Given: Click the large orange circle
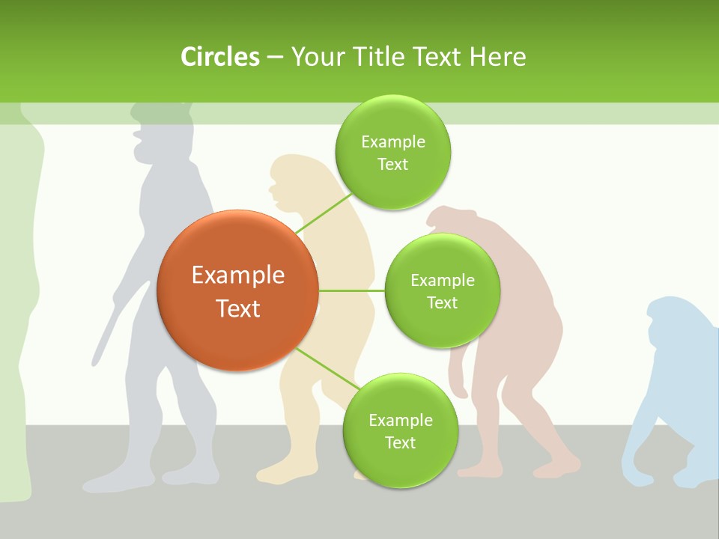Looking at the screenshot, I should tap(238, 290).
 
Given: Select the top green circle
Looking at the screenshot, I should tap(392, 152).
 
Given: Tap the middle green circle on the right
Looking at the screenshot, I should tap(442, 290).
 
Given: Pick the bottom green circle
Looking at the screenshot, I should tap(400, 430).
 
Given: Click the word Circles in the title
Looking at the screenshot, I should tap(220, 57).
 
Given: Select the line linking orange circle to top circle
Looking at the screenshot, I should tap(324, 213).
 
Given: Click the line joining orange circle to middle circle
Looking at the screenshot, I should tap(351, 290).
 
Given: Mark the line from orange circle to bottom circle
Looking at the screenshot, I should tap(327, 368).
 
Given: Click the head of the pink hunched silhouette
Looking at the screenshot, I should tap(452, 220).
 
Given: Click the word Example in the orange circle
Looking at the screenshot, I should tap(238, 275).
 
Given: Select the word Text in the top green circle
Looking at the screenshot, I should tap(392, 165).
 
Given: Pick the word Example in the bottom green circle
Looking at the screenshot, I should tap(400, 420).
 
